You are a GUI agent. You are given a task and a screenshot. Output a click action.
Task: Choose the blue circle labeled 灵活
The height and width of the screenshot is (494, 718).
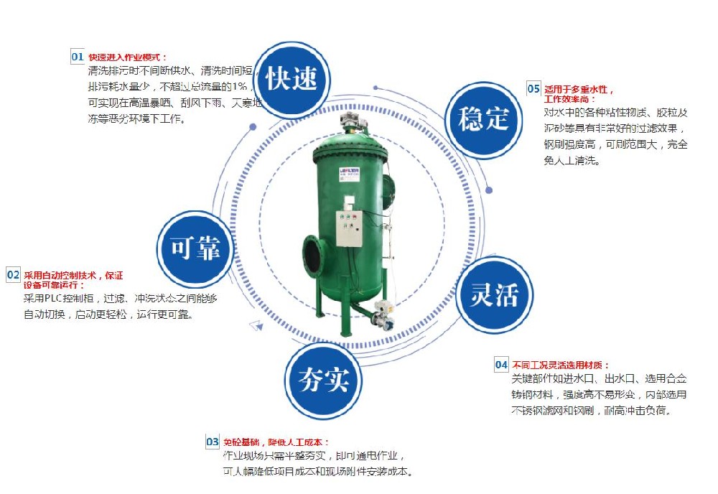[x=495, y=295]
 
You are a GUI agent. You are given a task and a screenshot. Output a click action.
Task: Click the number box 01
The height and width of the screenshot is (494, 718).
[x=78, y=57]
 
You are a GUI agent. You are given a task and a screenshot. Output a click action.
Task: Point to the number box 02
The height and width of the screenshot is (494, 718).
[x=14, y=275]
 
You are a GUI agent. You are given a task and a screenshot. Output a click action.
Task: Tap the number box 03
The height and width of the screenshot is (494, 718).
[x=213, y=442]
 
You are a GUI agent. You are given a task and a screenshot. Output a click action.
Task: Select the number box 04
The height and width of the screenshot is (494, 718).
[x=501, y=365]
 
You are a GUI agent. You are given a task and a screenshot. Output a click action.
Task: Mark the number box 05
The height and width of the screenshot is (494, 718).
[x=533, y=89]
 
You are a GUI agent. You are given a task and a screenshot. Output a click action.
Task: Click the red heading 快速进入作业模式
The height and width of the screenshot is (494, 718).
[x=127, y=57]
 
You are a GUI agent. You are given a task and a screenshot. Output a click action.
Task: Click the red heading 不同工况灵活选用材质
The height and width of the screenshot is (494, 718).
[x=560, y=365]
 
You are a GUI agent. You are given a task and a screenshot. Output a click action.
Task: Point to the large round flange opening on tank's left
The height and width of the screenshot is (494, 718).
[x=313, y=254]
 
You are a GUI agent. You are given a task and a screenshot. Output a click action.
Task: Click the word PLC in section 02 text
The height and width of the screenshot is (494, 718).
[x=55, y=297]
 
